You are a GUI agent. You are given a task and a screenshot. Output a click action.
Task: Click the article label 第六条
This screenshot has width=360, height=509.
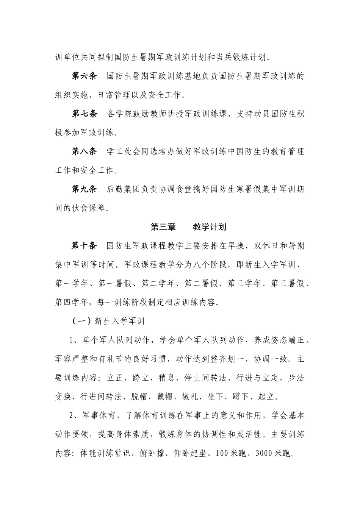[85, 77]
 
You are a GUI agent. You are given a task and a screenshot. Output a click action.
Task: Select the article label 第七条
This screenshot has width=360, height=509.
[85, 114]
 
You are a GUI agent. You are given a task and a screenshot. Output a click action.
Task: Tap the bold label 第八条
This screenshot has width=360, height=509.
[85, 152]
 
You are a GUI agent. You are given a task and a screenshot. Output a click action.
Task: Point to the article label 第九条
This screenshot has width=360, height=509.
[85, 189]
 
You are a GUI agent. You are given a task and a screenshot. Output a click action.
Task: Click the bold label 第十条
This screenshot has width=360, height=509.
[85, 246]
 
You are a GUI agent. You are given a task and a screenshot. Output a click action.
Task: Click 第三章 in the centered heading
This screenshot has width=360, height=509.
[163, 227]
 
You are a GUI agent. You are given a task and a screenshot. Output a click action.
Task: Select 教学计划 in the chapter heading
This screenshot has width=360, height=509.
[210, 227]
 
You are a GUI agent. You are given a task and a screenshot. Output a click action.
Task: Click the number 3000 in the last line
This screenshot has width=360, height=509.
[264, 453]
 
